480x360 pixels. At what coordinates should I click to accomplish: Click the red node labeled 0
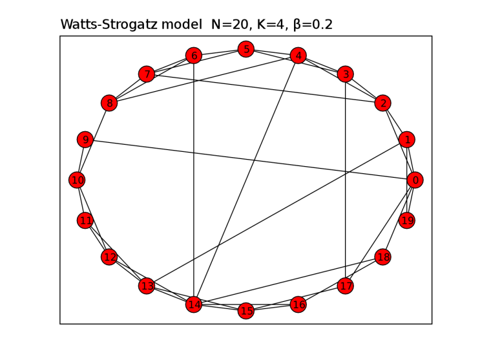point(415,180)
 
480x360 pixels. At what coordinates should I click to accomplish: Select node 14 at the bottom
point(194,304)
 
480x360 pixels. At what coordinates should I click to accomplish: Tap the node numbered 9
point(85,140)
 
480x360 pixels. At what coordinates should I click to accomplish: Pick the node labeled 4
point(298,56)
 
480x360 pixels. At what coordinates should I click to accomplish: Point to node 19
point(406,221)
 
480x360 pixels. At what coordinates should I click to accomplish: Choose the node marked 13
point(147,286)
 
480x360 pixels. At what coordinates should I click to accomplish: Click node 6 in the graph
point(194,56)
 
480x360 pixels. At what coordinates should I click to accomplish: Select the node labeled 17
point(346,286)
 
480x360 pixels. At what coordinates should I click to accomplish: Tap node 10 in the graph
point(78,180)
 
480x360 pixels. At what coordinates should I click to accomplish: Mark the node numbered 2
point(383,103)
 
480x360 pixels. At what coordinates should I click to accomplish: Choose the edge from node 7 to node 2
point(265,89)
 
